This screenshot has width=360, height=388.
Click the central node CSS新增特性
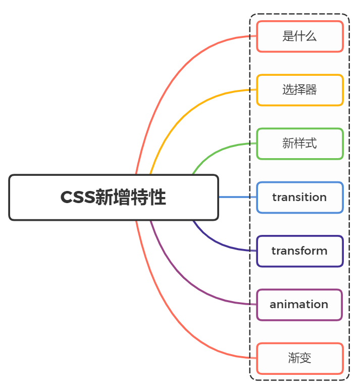[114, 198]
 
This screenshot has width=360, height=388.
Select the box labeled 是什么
[299, 36]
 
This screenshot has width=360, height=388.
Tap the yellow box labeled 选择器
[299, 90]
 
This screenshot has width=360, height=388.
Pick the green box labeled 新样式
[299, 143]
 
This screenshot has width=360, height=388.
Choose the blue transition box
[299, 197]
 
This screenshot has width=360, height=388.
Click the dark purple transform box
[299, 251]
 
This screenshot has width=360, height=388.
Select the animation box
[299, 304]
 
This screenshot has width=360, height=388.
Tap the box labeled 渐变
[299, 358]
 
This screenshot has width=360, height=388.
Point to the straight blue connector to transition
[237, 197]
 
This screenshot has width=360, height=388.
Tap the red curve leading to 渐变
[167, 313]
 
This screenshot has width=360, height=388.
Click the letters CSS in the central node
[77, 198]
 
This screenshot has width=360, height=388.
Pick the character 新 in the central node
[104, 198]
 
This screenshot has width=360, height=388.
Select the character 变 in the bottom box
[305, 358]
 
